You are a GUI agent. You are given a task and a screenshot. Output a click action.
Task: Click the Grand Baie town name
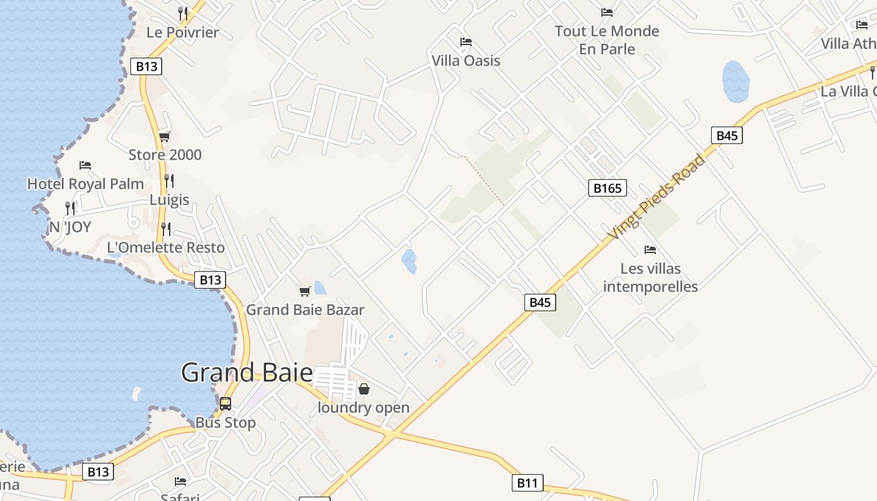point(247,373)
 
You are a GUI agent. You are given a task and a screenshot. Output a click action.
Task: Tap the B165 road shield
point(607,188)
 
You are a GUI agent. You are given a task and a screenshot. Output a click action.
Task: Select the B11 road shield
point(527,483)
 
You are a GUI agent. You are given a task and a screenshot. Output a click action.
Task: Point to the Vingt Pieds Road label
point(656,196)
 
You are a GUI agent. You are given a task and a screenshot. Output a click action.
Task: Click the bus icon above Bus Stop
point(226,404)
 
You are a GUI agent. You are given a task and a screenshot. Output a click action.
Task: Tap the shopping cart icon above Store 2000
point(164,137)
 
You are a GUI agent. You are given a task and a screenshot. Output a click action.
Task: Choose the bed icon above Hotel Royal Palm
point(85,165)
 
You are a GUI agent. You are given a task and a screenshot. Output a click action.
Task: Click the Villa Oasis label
point(466,61)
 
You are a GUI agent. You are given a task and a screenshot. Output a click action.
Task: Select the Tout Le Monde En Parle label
point(607,40)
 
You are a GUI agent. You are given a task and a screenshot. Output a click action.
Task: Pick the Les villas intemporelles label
point(650,277)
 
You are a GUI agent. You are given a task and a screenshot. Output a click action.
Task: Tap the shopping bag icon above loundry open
point(363,389)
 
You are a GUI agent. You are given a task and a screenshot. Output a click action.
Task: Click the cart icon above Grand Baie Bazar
point(305,291)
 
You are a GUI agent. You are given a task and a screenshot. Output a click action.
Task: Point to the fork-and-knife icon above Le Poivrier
point(183,13)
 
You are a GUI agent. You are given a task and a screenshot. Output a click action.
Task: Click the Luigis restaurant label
point(169,200)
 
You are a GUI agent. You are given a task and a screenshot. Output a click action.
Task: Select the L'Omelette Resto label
point(166,247)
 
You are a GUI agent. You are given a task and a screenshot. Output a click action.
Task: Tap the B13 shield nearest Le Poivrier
point(146,66)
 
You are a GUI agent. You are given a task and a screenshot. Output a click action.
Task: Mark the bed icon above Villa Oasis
point(466,42)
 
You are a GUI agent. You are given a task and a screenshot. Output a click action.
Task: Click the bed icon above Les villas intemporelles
point(650,250)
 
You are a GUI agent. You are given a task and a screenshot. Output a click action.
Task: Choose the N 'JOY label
point(70,227)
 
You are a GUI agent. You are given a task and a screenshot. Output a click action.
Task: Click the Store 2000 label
point(165,155)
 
